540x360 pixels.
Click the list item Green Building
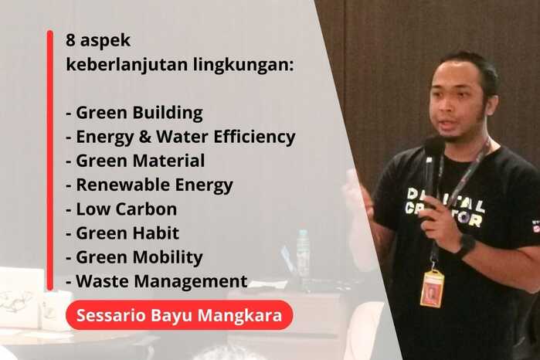point(135,114)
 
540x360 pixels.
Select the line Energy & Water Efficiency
point(182,138)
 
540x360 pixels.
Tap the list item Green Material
point(136,161)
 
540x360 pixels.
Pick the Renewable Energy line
point(150,185)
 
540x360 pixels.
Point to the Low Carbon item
point(122,209)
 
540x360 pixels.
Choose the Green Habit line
point(123,233)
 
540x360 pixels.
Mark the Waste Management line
point(157,281)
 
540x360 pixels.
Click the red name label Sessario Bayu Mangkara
point(179,315)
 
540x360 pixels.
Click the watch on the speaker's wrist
point(465,246)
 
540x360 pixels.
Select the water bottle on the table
point(303,253)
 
